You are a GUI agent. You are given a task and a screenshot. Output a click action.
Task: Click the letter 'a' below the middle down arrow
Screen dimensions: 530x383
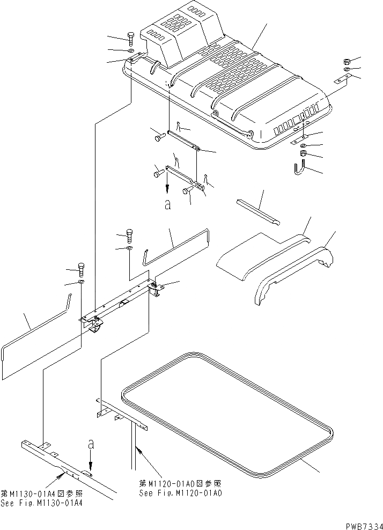[x=167, y=204]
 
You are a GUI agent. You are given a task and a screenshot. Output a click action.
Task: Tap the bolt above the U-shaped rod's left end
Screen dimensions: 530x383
[x=129, y=234]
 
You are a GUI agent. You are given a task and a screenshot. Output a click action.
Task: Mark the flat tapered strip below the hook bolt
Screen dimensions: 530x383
[x=257, y=210]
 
